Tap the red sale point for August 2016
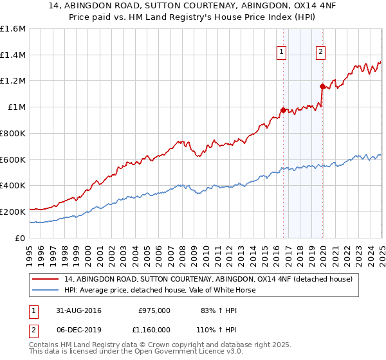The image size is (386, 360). [x=283, y=110]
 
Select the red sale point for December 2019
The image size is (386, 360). [x=322, y=85]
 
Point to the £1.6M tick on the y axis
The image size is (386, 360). [x=14, y=29]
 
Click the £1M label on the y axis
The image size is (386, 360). [x=17, y=107]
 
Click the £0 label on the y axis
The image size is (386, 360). [x=21, y=238]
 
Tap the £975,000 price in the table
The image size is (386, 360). [x=154, y=310]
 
